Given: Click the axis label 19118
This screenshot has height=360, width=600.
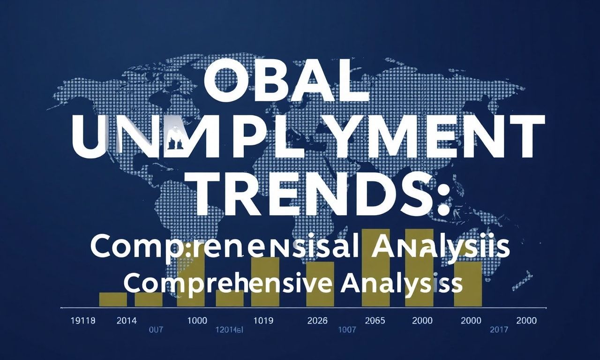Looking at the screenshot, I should coord(82,321).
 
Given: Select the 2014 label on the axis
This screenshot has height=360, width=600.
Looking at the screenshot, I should coord(127,321).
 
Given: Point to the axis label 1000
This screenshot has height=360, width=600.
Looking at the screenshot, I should coord(197,321).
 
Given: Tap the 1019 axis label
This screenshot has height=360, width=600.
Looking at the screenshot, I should coord(262,321).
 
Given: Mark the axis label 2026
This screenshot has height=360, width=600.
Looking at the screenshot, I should coord(318,321).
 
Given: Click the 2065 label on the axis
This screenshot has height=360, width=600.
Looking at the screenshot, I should coord(375,321).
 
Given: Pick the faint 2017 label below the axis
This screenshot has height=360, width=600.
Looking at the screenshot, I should coord(499,330).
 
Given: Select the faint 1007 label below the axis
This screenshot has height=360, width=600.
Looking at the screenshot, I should coord(347,330).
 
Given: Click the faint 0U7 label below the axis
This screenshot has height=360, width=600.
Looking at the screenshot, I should coord(156,330).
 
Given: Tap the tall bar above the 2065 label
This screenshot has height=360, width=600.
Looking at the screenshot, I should coord(375,267).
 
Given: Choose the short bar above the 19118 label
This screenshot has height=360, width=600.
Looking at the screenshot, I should coord(113,300).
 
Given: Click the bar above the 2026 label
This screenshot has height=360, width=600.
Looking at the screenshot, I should coord(320,284).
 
